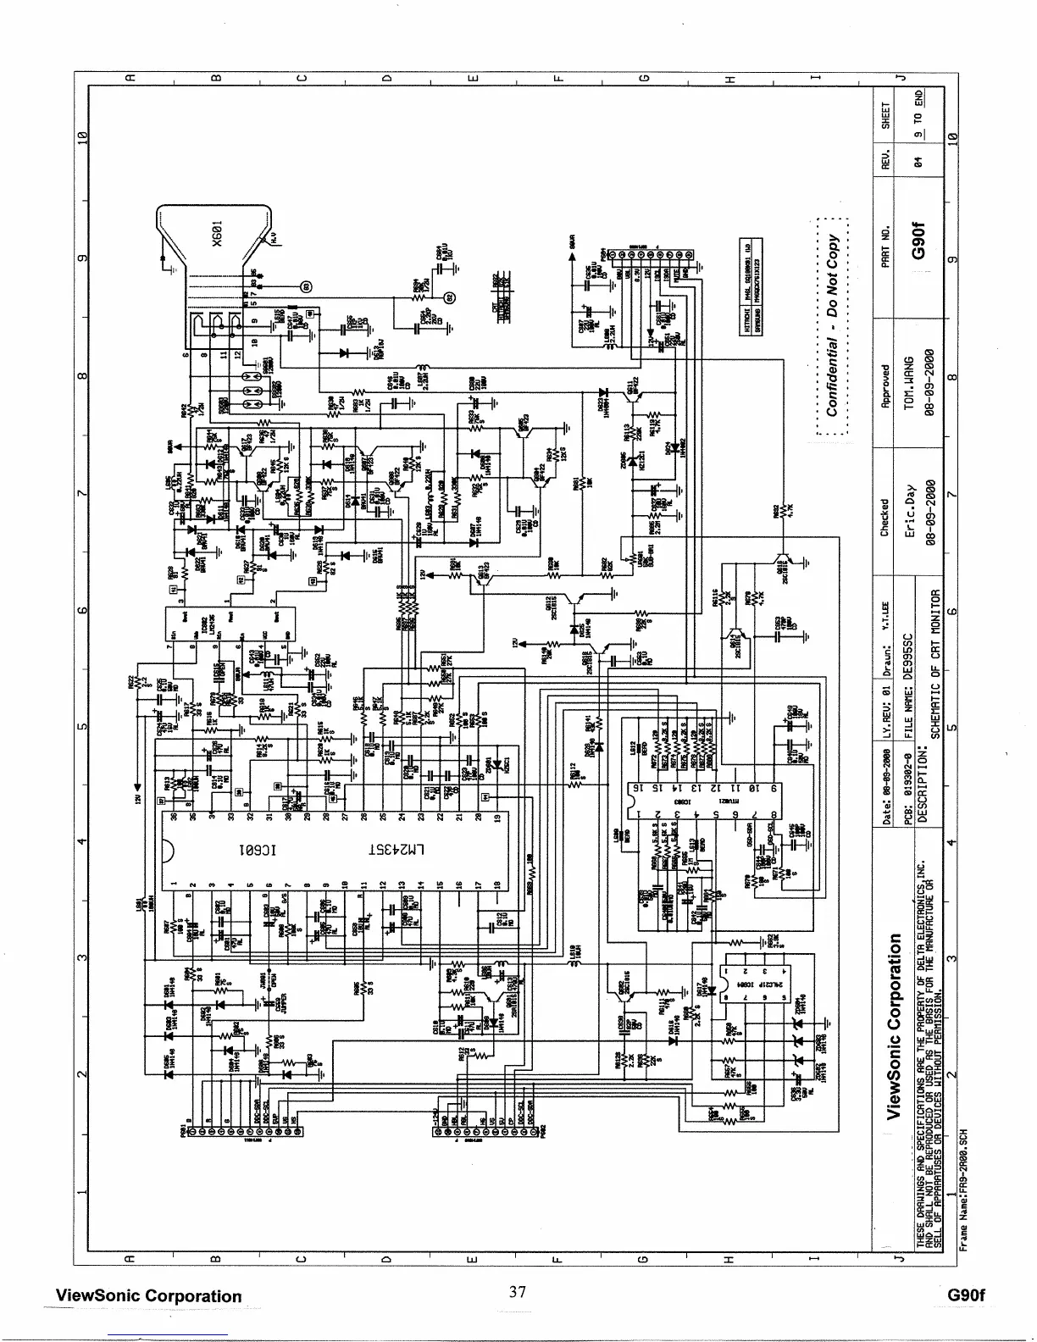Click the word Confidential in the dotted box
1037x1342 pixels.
pos(833,382)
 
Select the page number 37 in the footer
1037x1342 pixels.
pos(518,1292)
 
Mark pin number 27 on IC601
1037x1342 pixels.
pos(345,818)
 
